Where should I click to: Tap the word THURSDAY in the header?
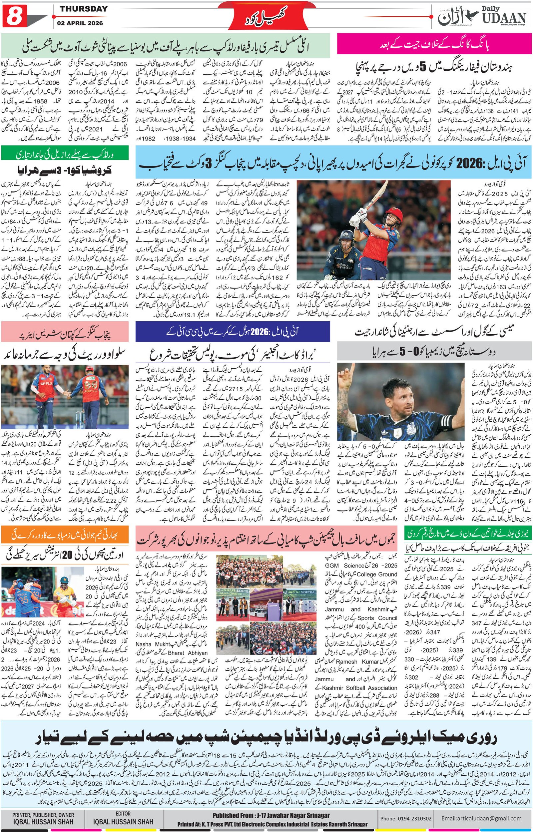click(83, 9)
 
